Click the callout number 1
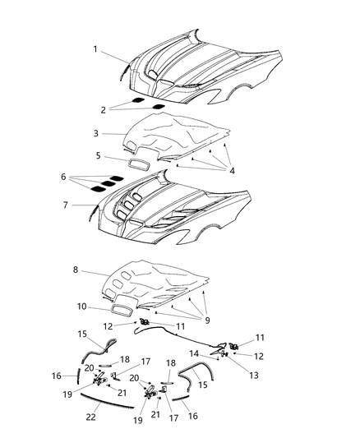[95, 49]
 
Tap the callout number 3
[95, 133]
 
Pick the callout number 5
[97, 155]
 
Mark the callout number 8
[75, 269]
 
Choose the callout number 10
[82, 307]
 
